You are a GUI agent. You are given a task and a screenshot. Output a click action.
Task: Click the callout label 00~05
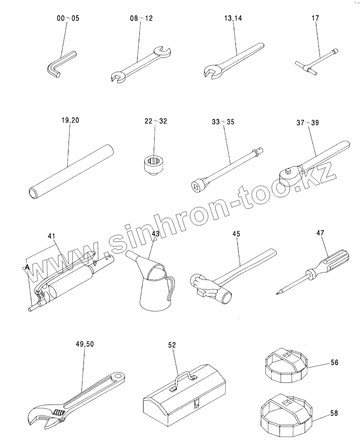coord(68,18)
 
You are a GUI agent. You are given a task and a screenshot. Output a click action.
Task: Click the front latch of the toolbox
coord(197,403)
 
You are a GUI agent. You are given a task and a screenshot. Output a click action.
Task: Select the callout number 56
coord(334,362)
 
